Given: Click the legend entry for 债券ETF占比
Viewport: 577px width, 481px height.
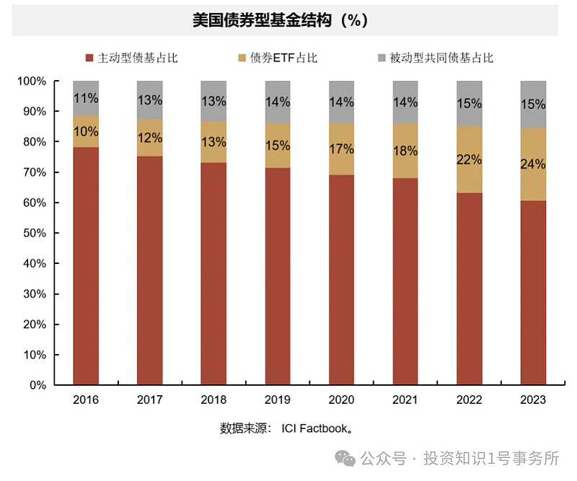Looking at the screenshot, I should click(x=278, y=58).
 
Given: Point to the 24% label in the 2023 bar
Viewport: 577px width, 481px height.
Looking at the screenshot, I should click(x=533, y=164).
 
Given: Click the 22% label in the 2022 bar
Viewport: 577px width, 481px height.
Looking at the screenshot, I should click(x=469, y=160).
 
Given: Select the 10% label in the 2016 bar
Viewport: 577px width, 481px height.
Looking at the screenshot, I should click(x=86, y=131).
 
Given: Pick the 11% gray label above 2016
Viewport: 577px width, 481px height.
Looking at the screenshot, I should click(x=86, y=97).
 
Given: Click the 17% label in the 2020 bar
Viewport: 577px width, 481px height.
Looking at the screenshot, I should click(x=341, y=149).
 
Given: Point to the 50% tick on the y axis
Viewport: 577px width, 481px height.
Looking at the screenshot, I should click(x=32, y=234).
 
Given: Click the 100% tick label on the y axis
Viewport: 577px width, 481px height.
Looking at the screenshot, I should click(x=30, y=81).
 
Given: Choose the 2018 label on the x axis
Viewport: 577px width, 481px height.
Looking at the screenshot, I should click(x=213, y=400).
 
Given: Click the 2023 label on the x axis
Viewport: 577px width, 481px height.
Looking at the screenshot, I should click(x=533, y=400).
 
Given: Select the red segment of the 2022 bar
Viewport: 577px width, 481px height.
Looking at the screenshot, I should click(x=469, y=288).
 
